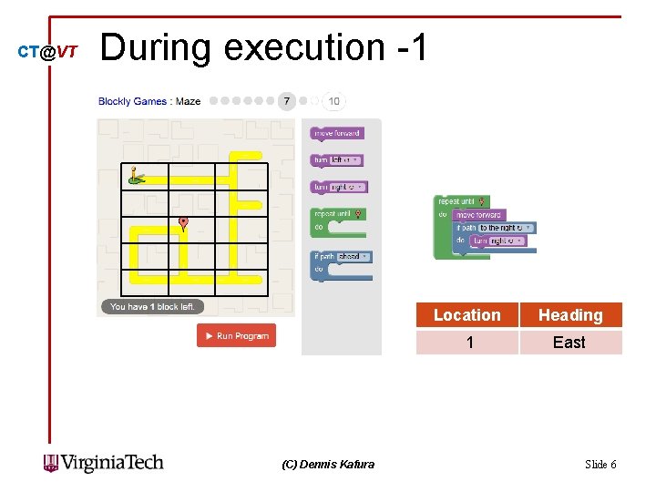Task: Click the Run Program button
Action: click(x=236, y=336)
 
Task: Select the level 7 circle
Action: click(x=287, y=101)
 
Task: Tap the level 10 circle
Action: click(x=334, y=101)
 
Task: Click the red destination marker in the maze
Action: click(x=183, y=223)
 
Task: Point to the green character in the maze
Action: click(x=136, y=175)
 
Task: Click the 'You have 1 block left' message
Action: click(x=152, y=307)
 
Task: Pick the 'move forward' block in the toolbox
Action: click(x=337, y=134)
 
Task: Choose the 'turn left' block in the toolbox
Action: click(x=337, y=160)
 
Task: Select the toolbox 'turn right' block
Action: click(x=339, y=188)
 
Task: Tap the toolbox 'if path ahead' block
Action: click(x=342, y=257)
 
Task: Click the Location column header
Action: click(x=466, y=315)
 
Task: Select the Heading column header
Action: click(x=570, y=315)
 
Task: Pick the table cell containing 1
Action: click(x=468, y=343)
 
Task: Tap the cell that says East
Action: click(x=569, y=343)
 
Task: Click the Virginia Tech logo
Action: click(x=104, y=463)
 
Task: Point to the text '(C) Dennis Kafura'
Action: click(x=328, y=465)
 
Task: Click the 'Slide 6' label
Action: click(x=600, y=465)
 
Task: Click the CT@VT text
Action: click(x=47, y=52)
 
